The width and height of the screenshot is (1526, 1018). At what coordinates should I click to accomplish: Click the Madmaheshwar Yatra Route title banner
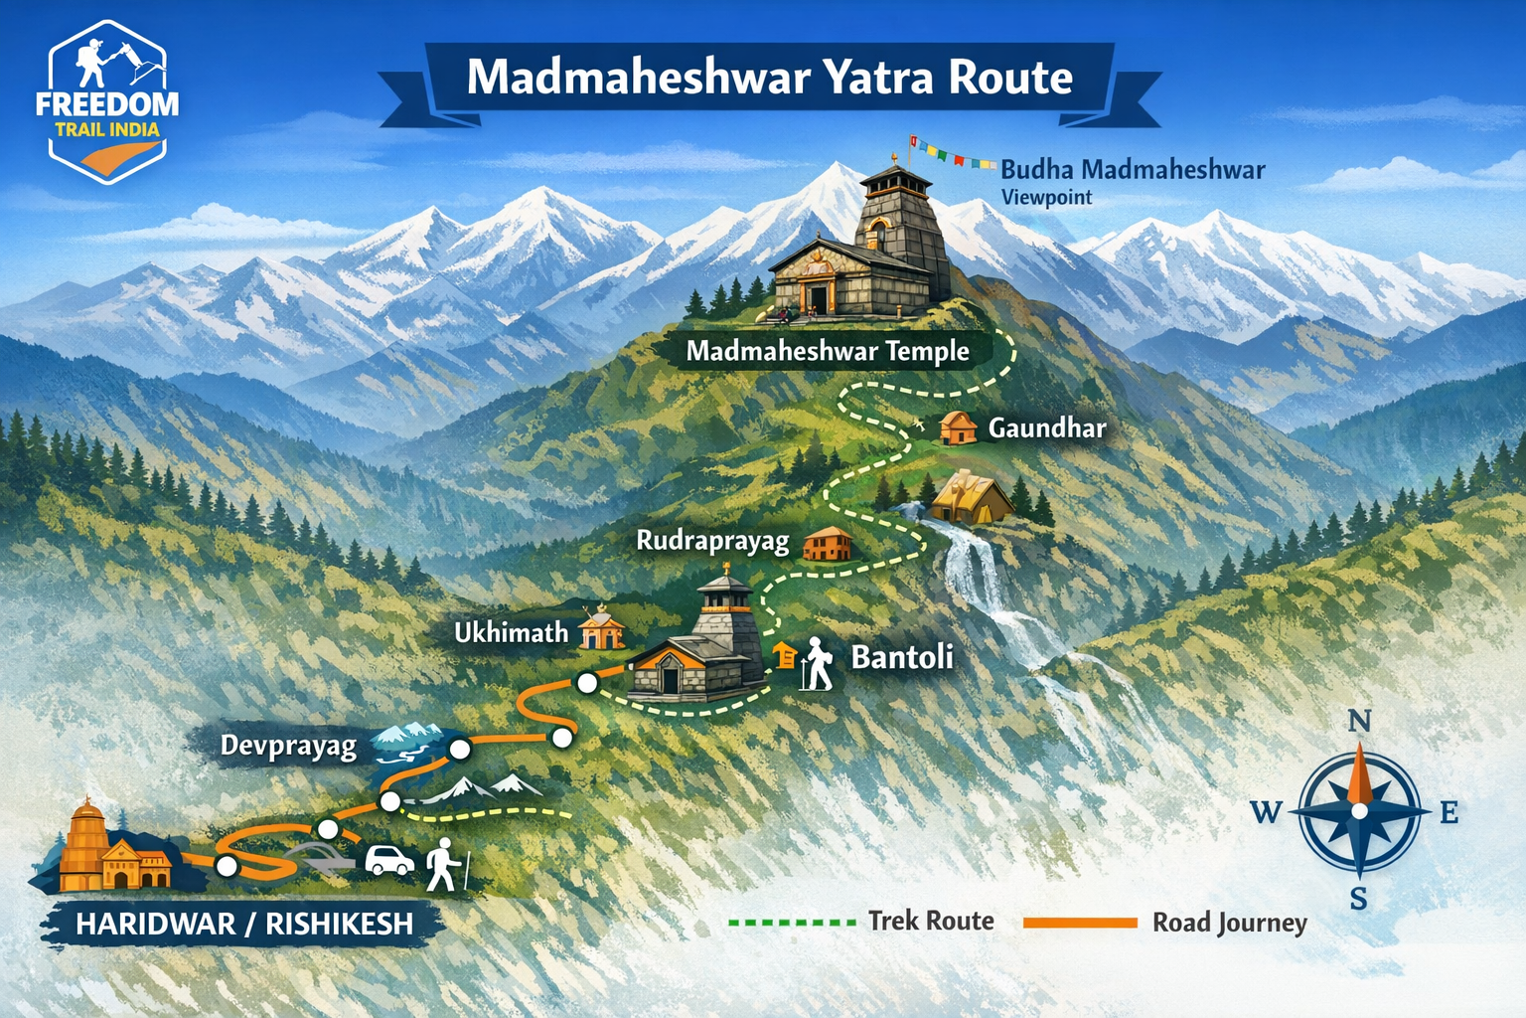pos(770,79)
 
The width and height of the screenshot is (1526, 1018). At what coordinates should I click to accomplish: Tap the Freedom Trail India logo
pos(107,102)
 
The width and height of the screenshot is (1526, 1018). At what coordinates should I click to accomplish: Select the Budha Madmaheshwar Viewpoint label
pos(1132,180)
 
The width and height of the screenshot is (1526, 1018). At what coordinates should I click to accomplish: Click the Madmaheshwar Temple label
pos(827,351)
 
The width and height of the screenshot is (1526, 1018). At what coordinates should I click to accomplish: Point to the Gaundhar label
pos(1046,428)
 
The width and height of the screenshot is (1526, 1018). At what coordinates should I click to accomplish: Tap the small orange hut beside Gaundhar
pos(958,427)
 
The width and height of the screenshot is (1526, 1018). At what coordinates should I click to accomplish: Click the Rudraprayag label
pos(712,541)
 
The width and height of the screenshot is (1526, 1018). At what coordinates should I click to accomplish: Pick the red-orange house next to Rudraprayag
pos(827,544)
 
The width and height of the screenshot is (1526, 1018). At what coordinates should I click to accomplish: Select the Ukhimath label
pos(511,633)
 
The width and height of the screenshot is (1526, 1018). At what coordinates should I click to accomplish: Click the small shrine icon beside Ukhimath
pos(601,628)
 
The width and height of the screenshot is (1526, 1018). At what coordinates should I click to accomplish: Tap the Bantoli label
pos(902,657)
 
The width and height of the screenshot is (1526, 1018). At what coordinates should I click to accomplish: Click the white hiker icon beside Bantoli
pos(818,664)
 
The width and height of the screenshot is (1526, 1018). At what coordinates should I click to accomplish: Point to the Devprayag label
pos(288,746)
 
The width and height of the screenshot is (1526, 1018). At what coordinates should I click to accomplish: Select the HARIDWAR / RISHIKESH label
pos(243,924)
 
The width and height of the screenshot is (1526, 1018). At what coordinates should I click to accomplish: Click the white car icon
pos(389,860)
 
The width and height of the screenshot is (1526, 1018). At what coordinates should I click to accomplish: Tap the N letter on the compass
pos(1359,721)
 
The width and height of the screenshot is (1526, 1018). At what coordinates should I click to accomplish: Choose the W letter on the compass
pos(1266,812)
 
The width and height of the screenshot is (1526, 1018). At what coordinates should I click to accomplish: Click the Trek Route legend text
pos(931,921)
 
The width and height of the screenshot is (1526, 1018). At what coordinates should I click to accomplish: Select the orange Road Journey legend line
pos(1080,923)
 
